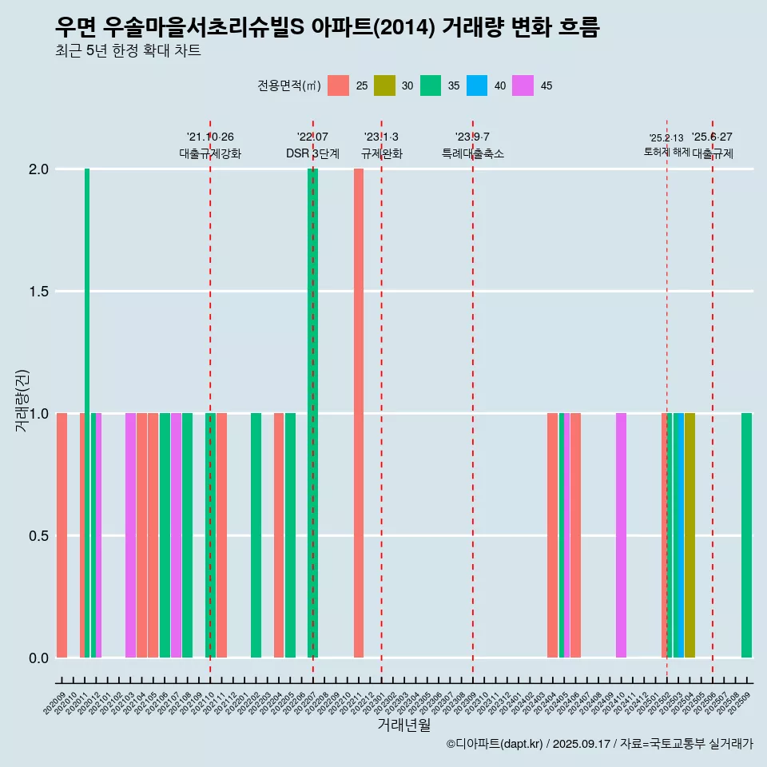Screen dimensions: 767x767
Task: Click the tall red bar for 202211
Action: point(359,412)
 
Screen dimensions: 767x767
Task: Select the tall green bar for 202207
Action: point(313,412)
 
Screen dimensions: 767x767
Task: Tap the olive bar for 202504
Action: point(690,535)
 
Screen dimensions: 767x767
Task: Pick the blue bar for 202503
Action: point(678,535)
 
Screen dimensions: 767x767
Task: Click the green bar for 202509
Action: point(746,535)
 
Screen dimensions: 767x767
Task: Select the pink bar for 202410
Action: point(621,535)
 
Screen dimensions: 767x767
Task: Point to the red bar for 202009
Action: point(62,535)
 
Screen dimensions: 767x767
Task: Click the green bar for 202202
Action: point(256,535)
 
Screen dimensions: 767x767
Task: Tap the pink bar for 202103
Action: point(130,535)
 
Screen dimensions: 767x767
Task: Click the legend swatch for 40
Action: point(477,85)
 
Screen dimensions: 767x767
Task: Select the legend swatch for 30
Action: point(385,85)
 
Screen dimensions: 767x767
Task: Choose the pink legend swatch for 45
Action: point(523,85)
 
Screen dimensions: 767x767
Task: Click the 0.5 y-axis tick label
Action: point(38,536)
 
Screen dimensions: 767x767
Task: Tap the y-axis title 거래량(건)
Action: point(22,400)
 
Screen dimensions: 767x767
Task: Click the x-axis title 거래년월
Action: point(403,725)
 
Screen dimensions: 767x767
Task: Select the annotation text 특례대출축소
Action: point(473,153)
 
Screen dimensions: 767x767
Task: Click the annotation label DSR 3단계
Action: point(312,153)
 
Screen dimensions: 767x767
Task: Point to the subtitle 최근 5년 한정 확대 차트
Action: point(128,51)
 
